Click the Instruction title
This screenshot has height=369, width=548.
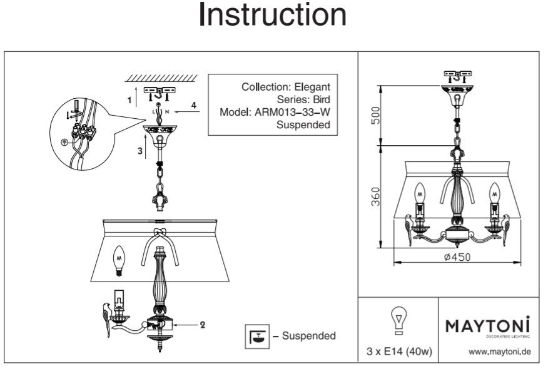pos(273,15)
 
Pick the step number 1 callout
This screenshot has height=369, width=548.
pos(129,99)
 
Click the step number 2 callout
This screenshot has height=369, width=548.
pos(203,325)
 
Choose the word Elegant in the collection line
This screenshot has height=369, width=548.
pos(312,87)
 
